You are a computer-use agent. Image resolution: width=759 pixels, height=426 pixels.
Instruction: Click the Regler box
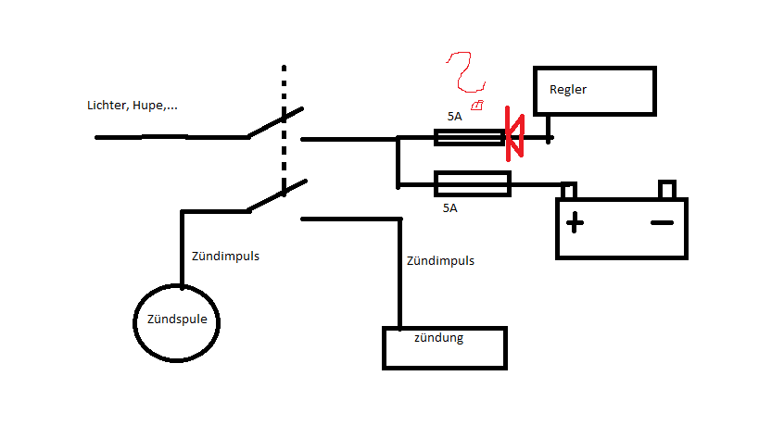point(595,91)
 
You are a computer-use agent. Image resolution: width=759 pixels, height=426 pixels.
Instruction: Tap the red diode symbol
point(513,132)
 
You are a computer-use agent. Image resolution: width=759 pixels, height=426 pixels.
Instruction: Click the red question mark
point(462,74)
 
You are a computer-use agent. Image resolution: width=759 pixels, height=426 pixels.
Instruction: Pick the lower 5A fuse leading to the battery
point(472,183)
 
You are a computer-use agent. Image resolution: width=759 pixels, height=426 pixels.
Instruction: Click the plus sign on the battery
point(576,223)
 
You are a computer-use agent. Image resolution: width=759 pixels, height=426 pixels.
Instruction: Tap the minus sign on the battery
point(662,223)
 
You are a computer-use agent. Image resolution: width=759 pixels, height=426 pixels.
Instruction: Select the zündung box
point(445,347)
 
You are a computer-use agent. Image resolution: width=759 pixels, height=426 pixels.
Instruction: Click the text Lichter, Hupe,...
point(132,106)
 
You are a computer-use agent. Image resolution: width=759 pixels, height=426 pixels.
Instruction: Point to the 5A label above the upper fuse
point(453,117)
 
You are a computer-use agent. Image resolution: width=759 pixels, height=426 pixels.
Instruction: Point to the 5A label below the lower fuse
point(449,208)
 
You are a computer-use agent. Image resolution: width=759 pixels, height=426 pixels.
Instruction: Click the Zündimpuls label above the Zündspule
point(225,256)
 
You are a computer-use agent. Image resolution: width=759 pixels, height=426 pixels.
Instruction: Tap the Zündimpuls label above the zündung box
point(440,261)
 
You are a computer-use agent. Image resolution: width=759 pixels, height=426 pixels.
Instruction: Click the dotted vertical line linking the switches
point(284,139)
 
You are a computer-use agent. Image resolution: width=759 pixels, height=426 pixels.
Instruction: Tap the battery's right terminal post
point(666,190)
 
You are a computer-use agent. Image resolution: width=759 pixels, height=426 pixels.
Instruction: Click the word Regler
point(568,90)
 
